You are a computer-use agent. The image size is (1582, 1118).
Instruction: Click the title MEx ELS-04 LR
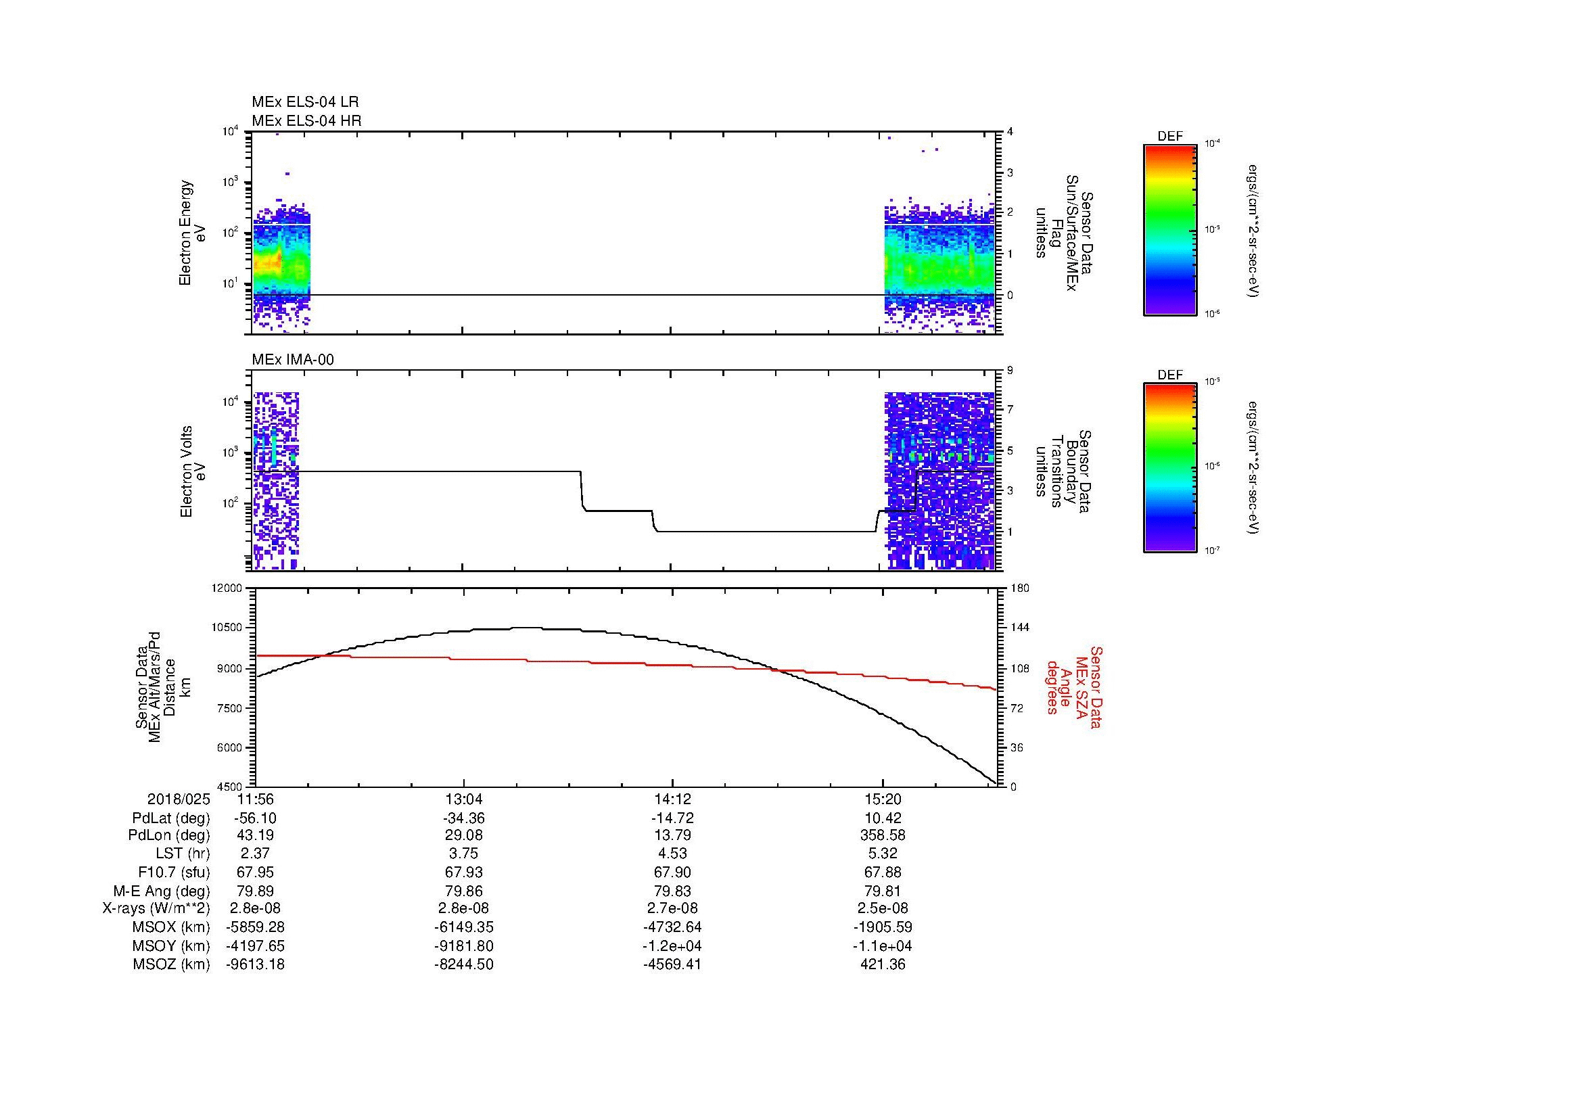click(305, 102)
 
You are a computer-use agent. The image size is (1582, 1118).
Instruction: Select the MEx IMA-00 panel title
click(293, 360)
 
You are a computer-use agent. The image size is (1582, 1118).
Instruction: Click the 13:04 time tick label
click(464, 799)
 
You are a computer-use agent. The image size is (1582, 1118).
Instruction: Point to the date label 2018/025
click(178, 799)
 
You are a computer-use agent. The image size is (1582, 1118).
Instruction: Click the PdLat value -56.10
click(256, 818)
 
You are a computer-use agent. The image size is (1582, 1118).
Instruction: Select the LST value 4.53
click(672, 854)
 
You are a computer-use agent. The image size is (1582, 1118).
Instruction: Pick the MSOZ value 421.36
click(882, 964)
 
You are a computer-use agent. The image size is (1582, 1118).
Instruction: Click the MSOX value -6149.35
click(464, 927)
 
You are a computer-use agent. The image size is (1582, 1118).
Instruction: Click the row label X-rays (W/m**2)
click(156, 908)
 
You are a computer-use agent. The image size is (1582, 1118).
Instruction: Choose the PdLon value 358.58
click(882, 835)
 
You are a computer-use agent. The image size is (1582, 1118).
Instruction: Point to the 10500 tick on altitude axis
click(227, 628)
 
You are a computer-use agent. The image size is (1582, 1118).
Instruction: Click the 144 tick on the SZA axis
click(1019, 628)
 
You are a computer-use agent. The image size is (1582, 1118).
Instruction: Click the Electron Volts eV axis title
click(193, 472)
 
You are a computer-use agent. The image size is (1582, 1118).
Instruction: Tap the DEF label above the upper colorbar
click(1169, 137)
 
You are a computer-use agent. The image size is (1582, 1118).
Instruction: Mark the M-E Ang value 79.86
click(464, 891)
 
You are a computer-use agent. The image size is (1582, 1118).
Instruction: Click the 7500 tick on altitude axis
click(231, 708)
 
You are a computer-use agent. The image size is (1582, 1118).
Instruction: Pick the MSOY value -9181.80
click(464, 946)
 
